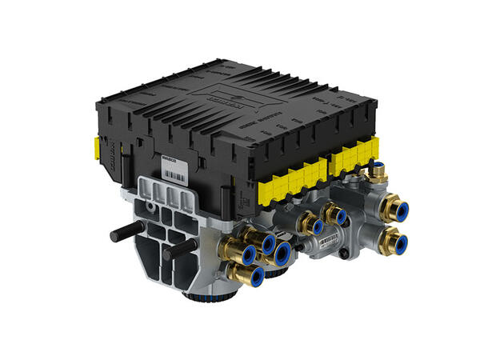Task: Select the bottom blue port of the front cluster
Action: pyautogui.click(x=256, y=277)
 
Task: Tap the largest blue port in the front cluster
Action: pyautogui.click(x=281, y=254)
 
